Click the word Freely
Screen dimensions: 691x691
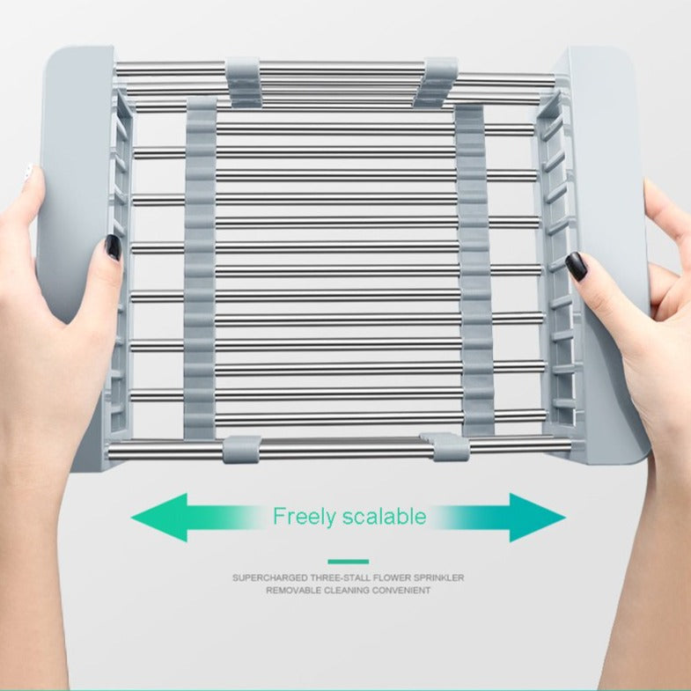click(304, 517)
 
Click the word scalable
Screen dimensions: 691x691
click(385, 516)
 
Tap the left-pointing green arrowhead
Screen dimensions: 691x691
click(159, 518)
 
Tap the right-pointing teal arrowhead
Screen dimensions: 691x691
click(538, 518)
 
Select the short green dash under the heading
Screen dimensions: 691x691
click(349, 562)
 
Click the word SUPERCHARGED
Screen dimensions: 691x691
click(270, 577)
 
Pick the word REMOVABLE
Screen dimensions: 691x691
click(293, 591)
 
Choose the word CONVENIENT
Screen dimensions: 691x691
click(401, 591)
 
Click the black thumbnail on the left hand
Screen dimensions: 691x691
click(113, 247)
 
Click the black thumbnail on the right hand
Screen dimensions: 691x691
click(576, 266)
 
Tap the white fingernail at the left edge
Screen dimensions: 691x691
click(28, 172)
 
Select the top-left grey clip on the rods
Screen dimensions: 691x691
click(244, 82)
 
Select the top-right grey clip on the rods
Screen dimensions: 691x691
click(435, 83)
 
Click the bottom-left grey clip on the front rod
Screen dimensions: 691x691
click(241, 450)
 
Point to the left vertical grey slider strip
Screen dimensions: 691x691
click(201, 268)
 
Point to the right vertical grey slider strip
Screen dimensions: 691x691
click(473, 269)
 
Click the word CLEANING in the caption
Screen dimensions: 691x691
click(347, 591)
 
